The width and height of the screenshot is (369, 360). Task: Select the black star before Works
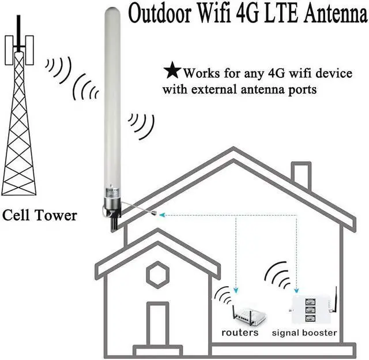point(172,71)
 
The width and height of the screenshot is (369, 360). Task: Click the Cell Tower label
point(39,216)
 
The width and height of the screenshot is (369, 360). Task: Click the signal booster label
point(304,333)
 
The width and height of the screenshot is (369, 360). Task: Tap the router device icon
point(244,316)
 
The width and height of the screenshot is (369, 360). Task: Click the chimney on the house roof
point(300,177)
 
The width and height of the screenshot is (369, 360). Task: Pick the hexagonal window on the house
point(157,275)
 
